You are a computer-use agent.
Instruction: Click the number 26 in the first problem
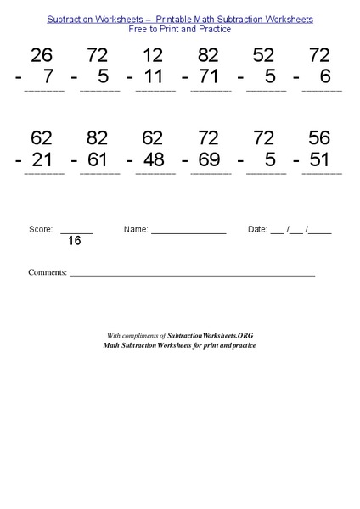(x=42, y=56)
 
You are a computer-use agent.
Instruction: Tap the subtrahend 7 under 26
(x=48, y=76)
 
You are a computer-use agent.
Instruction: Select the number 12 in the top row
(x=153, y=56)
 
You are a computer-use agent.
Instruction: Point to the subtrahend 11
(x=153, y=76)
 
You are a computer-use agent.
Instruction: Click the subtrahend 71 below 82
(x=208, y=76)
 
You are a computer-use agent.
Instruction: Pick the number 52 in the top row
(x=264, y=56)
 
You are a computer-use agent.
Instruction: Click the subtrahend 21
(x=42, y=159)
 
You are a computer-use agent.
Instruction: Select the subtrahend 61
(x=97, y=159)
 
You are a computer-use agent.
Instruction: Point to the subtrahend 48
(x=153, y=159)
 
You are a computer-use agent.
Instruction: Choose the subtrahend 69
(x=208, y=159)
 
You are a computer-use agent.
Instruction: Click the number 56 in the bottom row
(x=319, y=138)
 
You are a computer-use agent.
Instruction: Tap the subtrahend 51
(x=319, y=159)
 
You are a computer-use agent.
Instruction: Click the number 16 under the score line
(x=75, y=241)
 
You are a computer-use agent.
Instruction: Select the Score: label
(x=41, y=229)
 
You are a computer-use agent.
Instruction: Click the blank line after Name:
(x=188, y=231)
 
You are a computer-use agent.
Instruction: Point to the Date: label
(x=257, y=229)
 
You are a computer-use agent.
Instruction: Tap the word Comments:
(x=48, y=272)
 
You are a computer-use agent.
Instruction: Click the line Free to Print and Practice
(x=179, y=29)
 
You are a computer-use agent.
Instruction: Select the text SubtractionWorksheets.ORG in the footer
(x=211, y=336)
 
